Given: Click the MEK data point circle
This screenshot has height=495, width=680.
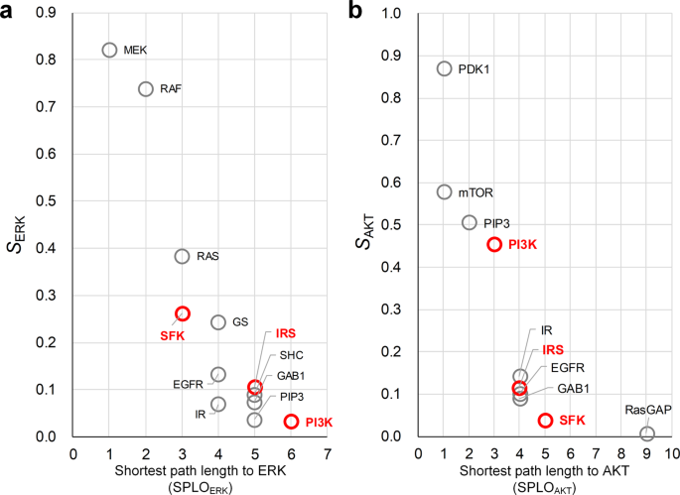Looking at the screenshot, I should click(x=109, y=50).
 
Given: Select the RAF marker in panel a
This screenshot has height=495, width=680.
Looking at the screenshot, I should click(x=146, y=88).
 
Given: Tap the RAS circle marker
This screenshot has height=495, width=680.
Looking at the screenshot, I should click(x=182, y=256).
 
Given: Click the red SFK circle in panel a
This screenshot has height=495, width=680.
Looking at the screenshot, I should click(x=182, y=313).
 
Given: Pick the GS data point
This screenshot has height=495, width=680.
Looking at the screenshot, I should click(x=218, y=322).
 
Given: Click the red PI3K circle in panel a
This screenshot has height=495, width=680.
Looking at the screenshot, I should click(x=291, y=422).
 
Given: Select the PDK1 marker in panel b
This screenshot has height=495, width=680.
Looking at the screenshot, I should click(x=445, y=68).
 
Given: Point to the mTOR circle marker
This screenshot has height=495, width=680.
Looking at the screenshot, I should click(x=445, y=191).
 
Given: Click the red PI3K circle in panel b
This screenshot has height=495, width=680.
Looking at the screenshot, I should click(x=494, y=244).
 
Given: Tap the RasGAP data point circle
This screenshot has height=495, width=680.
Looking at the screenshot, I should click(x=647, y=433).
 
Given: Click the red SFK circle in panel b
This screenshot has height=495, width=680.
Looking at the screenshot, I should click(x=545, y=421).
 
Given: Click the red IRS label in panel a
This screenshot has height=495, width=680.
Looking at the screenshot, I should click(x=286, y=334).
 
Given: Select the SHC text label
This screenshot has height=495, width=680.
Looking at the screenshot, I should click(x=291, y=355).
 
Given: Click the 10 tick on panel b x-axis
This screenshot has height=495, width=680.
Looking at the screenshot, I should click(x=672, y=452).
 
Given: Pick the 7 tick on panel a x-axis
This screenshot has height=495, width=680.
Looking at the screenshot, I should click(x=327, y=452).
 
